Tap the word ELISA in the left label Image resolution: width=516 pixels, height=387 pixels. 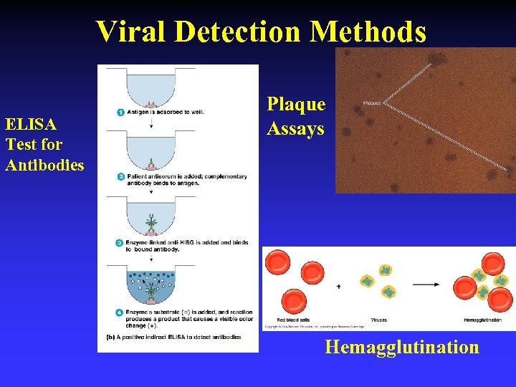(31, 124)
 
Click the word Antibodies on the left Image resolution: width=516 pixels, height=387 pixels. (44, 165)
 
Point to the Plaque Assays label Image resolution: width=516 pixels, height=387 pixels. (296, 116)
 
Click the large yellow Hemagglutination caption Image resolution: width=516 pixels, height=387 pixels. (401, 347)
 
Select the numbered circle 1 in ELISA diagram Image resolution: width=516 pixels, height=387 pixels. (120, 113)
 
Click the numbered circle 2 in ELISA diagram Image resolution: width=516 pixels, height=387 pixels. (120, 176)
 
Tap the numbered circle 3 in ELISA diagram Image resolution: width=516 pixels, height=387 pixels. (120, 243)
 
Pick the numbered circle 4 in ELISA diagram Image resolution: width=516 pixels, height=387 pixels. (120, 312)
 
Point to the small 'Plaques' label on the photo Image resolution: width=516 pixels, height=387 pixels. (372, 102)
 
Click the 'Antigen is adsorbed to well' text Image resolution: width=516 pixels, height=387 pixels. (165, 113)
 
